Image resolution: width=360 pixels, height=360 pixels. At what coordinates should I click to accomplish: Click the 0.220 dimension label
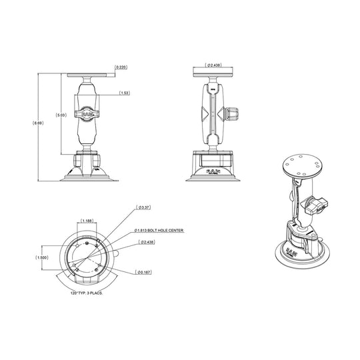coord(121,67)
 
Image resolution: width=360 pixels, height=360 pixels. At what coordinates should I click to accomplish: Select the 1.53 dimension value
coord(124,94)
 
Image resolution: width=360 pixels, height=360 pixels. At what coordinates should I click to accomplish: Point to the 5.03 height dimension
coord(61,115)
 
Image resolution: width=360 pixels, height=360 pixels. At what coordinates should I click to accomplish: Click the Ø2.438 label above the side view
coord(214,65)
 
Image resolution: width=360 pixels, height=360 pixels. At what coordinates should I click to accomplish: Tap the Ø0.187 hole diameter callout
coord(144,271)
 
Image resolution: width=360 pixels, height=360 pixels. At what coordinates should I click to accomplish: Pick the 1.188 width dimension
coord(86,220)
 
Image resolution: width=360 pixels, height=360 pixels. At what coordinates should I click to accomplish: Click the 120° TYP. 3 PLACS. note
coord(87,293)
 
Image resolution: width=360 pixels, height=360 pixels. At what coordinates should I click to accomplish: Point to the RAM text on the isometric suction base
coord(292,253)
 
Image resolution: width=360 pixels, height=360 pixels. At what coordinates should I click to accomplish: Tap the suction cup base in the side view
coord(213,175)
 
